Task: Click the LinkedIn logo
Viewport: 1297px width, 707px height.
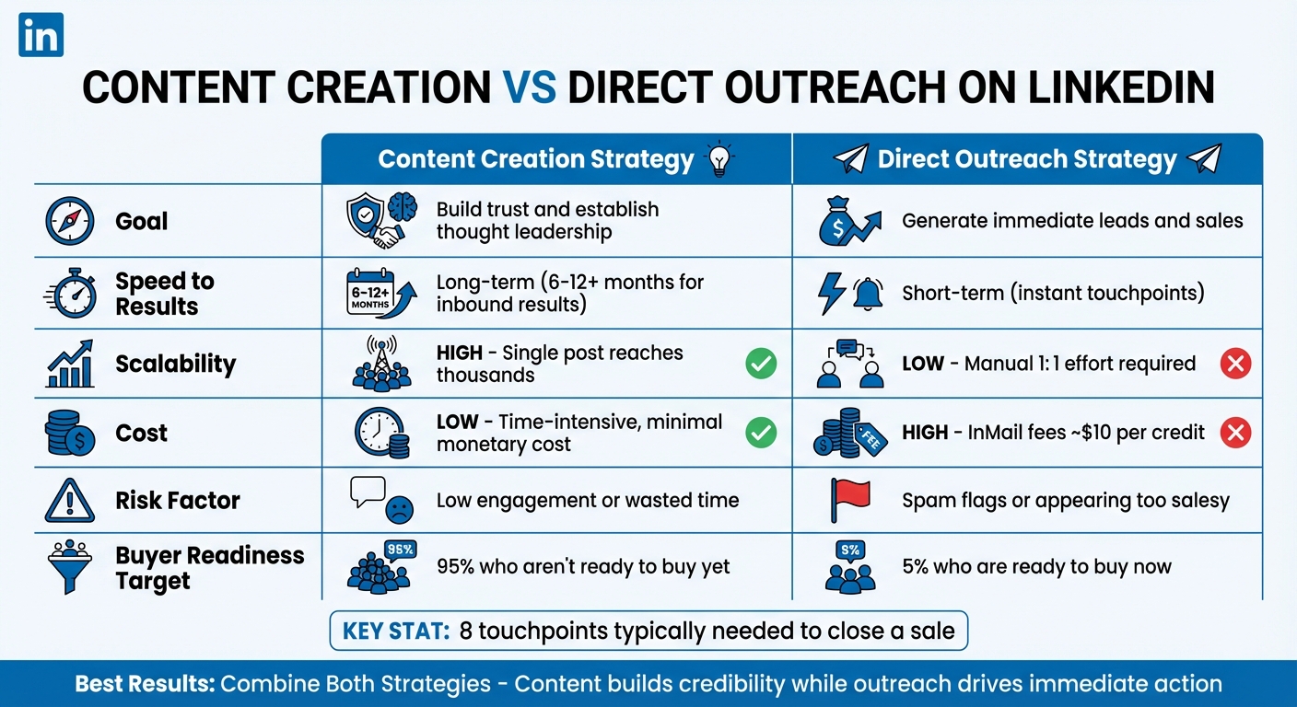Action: tap(41, 34)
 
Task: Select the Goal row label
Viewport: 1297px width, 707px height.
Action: tap(141, 221)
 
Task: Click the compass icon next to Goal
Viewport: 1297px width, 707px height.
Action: tap(69, 221)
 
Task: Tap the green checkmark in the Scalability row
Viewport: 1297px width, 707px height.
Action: tap(760, 364)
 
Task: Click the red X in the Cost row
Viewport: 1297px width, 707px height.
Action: tap(1235, 433)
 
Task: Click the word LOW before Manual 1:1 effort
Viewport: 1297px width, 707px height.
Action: tap(923, 364)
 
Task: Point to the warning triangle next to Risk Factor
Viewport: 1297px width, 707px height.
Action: tap(69, 501)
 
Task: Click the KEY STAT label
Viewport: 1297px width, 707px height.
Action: tap(396, 632)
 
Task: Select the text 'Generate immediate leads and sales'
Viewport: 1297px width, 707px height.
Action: tap(1072, 221)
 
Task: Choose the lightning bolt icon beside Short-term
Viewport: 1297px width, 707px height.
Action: tap(832, 293)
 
